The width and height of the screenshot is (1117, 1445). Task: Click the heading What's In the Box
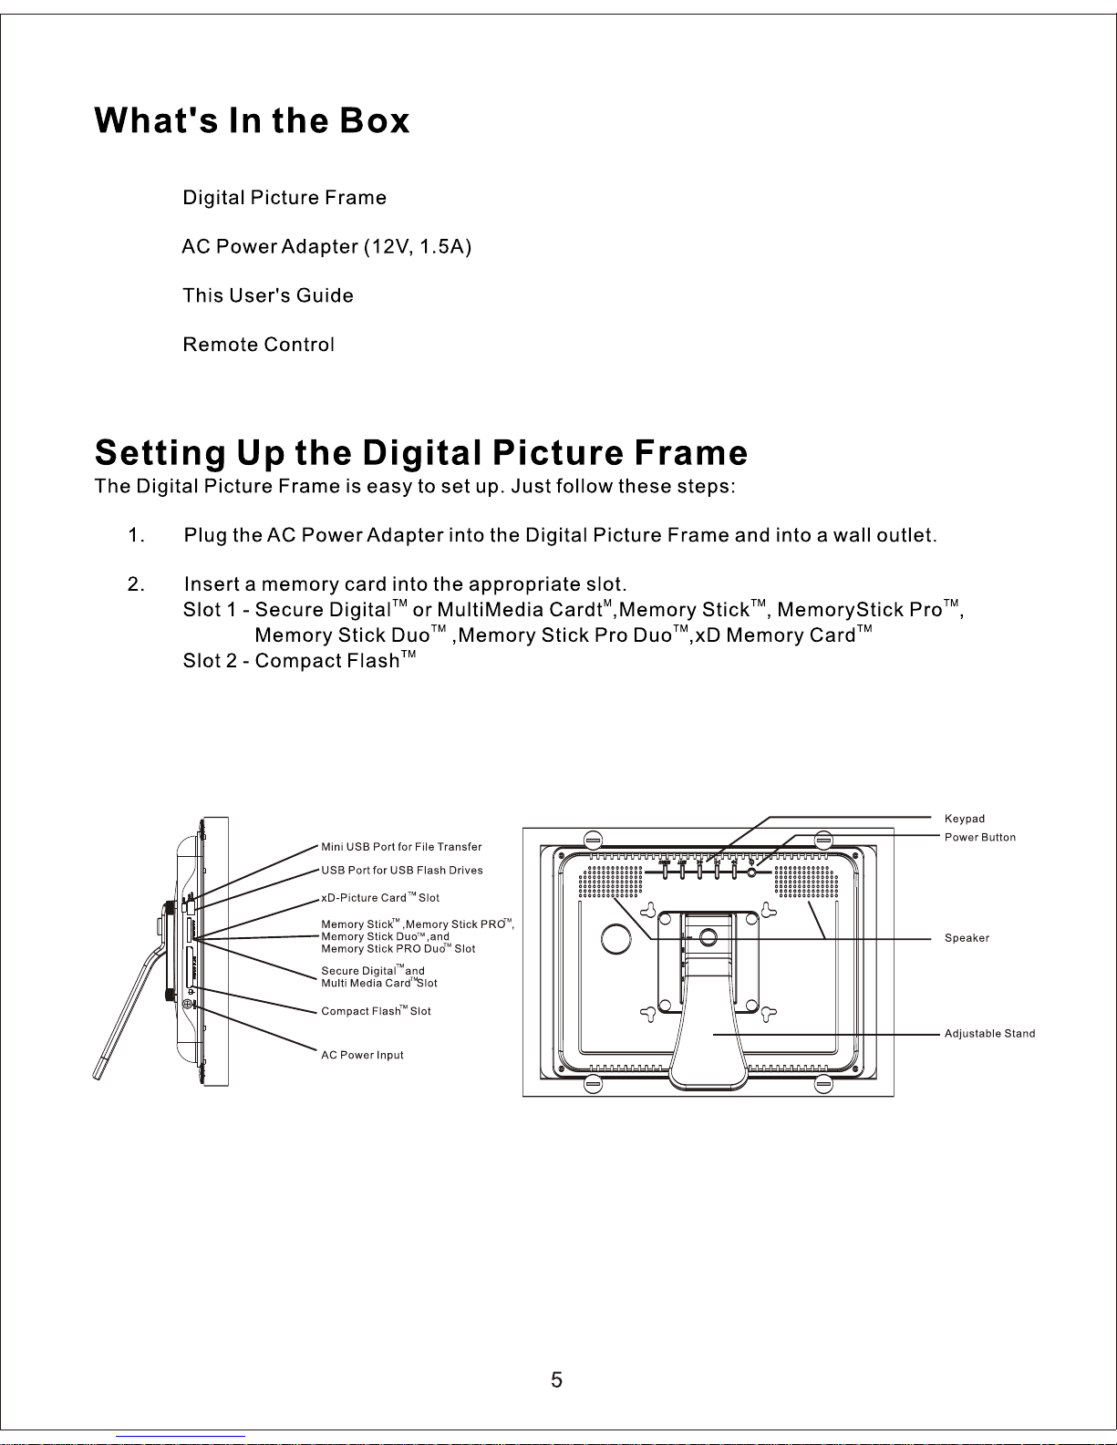click(x=252, y=120)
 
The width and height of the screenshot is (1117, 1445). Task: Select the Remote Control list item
click(x=259, y=345)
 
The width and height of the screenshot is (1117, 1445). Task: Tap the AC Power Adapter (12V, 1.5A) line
click(x=326, y=247)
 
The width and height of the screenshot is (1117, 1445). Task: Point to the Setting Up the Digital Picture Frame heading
click(x=421, y=453)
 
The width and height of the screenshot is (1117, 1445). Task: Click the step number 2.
click(x=136, y=583)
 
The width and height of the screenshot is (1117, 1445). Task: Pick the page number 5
click(x=556, y=1380)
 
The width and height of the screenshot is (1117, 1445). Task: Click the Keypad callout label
click(x=964, y=819)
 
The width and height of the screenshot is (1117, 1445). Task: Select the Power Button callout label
click(x=980, y=837)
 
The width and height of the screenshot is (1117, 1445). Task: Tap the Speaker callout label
click(x=967, y=937)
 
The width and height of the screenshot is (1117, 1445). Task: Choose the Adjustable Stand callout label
click(x=989, y=1033)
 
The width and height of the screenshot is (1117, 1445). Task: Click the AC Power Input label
click(x=362, y=1055)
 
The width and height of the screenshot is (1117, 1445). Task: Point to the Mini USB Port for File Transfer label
click(x=401, y=847)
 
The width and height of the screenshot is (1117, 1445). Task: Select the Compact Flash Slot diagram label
click(x=376, y=1011)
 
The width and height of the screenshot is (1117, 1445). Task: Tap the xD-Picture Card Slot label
click(x=380, y=897)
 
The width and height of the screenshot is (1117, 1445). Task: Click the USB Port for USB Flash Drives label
click(x=402, y=870)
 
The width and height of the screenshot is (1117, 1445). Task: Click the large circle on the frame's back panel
click(x=615, y=938)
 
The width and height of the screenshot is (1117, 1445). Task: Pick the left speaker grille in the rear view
click(x=610, y=881)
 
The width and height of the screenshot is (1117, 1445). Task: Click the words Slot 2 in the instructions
click(x=210, y=660)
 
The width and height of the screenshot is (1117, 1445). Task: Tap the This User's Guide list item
click(x=268, y=295)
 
